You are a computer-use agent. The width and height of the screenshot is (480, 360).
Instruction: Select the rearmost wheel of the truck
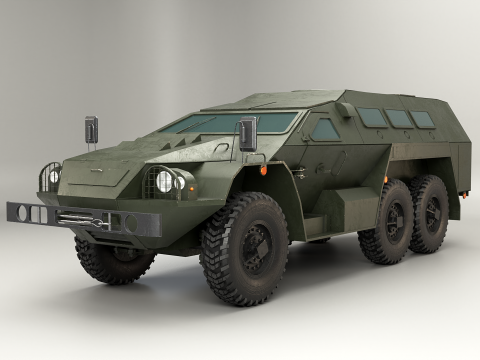point(430,213)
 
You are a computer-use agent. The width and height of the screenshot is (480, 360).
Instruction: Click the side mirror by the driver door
point(247,134)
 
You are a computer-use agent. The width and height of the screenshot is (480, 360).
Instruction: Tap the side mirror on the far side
point(91,130)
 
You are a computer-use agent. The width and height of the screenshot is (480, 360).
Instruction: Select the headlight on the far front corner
point(52,176)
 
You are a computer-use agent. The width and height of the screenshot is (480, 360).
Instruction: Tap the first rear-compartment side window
point(372,118)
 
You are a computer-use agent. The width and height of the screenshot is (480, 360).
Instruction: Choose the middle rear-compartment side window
point(400,119)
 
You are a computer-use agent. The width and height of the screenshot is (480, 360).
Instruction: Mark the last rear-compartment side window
point(423,119)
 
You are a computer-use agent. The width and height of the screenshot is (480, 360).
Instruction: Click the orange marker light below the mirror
point(263,171)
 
